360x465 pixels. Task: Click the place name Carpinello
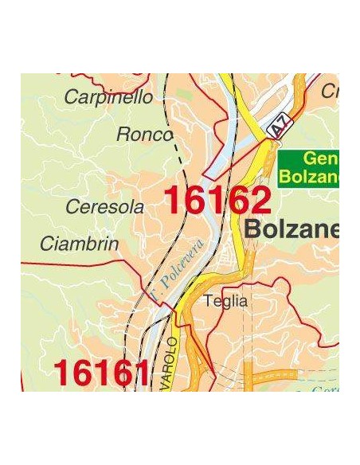click(108, 98)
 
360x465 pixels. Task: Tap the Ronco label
click(144, 135)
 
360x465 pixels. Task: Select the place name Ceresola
click(105, 207)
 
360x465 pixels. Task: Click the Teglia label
click(225, 302)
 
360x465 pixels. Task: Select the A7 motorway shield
click(277, 127)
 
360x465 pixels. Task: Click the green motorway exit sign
click(309, 168)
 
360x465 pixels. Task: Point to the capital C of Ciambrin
click(46, 243)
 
